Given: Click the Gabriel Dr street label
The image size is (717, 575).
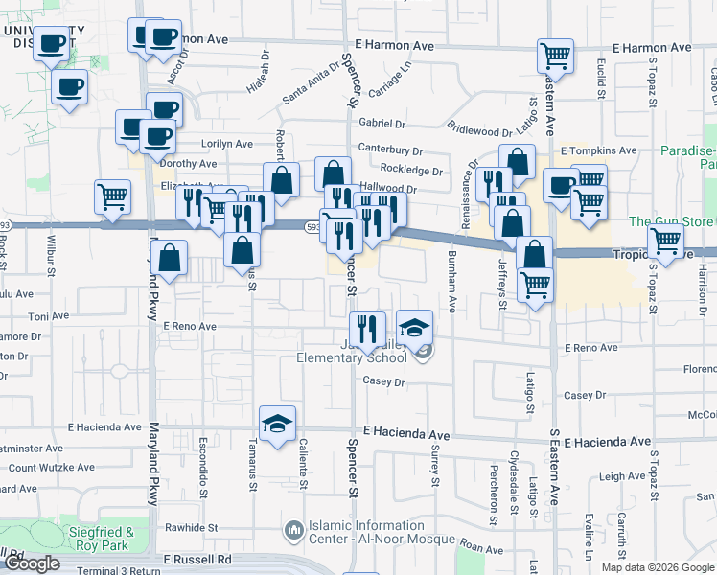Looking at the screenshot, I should coord(382,124).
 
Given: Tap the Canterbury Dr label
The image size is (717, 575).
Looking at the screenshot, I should coord(390,149).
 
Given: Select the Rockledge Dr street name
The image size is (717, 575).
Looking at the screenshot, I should coord(411,172).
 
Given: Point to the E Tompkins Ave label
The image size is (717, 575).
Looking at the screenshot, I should coord(599,150).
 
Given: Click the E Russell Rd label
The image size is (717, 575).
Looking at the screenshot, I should coord(197,559).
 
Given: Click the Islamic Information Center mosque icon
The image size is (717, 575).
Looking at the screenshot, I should coord(293,529).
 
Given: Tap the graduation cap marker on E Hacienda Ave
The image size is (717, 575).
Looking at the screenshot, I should coord(277,424).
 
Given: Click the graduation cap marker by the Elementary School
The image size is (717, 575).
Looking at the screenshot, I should coord(414,329).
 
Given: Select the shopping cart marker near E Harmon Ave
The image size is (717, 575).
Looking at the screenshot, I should coord(555,57).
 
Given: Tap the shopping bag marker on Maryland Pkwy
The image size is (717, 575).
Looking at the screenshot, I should coord(170,258).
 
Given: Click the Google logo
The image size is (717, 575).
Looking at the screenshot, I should coord(32,563).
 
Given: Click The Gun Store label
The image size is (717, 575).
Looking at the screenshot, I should coord(671,221).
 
